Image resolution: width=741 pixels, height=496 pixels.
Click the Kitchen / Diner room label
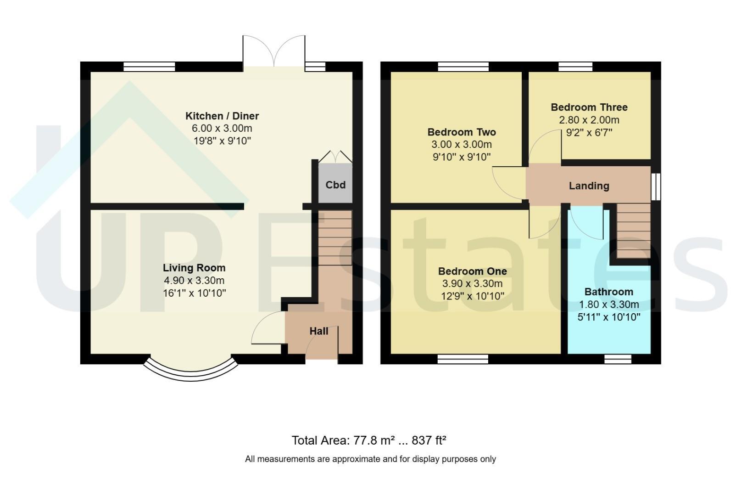tap(222, 116)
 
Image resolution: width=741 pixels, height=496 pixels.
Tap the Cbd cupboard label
tap(335, 185)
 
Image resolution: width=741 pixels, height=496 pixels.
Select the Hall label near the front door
tap(319, 331)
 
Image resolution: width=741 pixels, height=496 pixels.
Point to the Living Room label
tap(194, 268)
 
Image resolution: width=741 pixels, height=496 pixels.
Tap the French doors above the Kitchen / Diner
tap(274, 51)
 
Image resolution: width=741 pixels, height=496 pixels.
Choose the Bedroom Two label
tap(462, 132)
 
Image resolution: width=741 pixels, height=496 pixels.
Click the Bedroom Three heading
tap(589, 107)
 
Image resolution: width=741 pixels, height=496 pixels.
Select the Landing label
tap(589, 186)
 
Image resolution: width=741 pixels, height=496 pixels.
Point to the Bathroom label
tap(609, 292)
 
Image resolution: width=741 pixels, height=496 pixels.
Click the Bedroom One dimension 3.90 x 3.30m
tap(473, 283)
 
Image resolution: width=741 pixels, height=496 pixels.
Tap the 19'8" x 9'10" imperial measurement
tap(222, 141)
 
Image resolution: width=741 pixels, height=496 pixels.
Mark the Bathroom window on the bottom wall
tap(618, 359)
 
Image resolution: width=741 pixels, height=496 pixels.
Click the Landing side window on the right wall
tap(656, 187)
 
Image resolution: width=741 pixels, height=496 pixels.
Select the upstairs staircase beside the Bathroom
tap(634, 231)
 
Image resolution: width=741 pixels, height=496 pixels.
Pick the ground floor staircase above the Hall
tap(335, 237)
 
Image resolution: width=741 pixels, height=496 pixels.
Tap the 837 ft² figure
tap(429, 440)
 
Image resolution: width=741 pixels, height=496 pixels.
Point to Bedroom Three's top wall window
tap(576, 67)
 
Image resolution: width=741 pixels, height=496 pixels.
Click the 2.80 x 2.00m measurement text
tap(589, 120)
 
